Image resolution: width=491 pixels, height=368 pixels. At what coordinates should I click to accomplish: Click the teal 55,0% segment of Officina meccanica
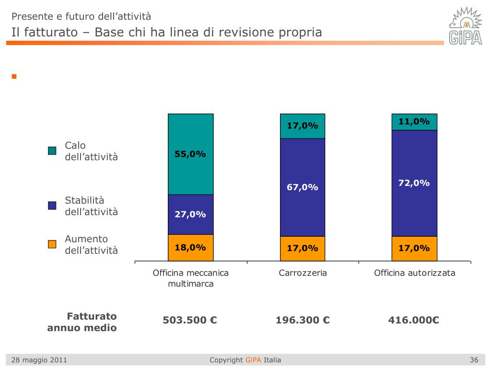[190, 154]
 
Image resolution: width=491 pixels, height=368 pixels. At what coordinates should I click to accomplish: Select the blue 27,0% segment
[190, 214]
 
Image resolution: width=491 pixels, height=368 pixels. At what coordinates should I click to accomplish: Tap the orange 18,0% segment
[190, 248]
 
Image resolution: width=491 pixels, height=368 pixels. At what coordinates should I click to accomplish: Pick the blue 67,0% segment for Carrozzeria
[303, 187]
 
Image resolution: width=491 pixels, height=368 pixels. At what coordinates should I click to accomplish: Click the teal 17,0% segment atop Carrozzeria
[303, 126]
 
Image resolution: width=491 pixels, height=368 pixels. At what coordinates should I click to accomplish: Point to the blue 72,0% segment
[414, 183]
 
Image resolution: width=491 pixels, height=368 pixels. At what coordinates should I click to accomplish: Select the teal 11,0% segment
[414, 122]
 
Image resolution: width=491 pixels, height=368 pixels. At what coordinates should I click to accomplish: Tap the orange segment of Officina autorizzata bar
[414, 248]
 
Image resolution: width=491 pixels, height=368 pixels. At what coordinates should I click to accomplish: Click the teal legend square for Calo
[52, 151]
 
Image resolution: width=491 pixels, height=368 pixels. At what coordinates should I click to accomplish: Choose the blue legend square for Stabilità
[52, 206]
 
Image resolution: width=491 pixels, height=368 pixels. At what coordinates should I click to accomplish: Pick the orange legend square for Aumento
[52, 244]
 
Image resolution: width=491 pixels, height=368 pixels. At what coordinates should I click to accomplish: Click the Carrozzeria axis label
[303, 273]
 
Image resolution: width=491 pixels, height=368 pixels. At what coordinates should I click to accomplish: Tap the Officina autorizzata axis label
[414, 273]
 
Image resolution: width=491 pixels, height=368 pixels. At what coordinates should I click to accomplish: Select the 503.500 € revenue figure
[190, 320]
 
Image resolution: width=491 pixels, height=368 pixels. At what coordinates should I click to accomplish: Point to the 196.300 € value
[303, 320]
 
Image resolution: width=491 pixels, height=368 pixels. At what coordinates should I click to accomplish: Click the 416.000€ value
[414, 320]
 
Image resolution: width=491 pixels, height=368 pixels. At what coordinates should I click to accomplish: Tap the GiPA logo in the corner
[465, 26]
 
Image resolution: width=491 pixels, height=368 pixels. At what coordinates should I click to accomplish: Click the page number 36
[474, 360]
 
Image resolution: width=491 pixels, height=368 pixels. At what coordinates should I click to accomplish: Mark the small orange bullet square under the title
[14, 76]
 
